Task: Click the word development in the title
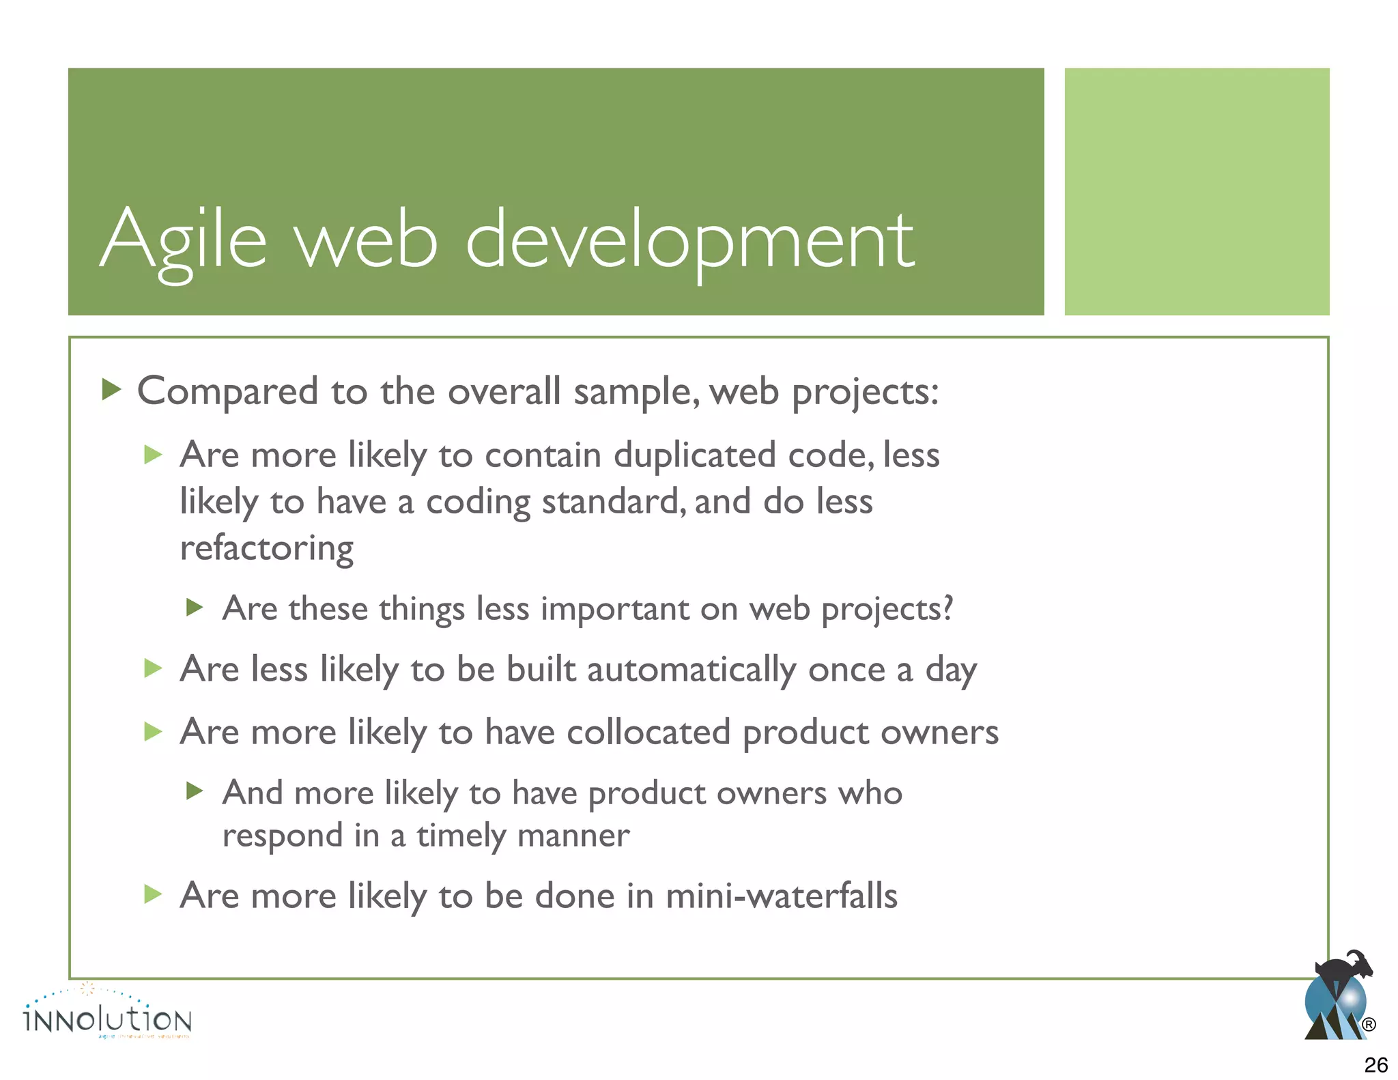pyautogui.click(x=689, y=240)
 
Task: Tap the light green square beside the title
pyautogui.click(x=1196, y=191)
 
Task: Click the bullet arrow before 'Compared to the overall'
pyautogui.click(x=111, y=390)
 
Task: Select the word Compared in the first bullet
pyautogui.click(x=228, y=392)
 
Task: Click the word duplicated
pyautogui.click(x=694, y=455)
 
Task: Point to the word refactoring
pyautogui.click(x=266, y=548)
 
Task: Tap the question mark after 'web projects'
pyautogui.click(x=947, y=607)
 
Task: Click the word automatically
pyautogui.click(x=691, y=670)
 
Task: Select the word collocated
pyautogui.click(x=648, y=733)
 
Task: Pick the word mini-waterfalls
pyautogui.click(x=781, y=896)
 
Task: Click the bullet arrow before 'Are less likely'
pyautogui.click(x=153, y=668)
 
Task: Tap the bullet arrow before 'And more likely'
pyautogui.click(x=195, y=791)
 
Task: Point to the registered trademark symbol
pyautogui.click(x=1368, y=1024)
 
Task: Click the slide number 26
pyautogui.click(x=1375, y=1064)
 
